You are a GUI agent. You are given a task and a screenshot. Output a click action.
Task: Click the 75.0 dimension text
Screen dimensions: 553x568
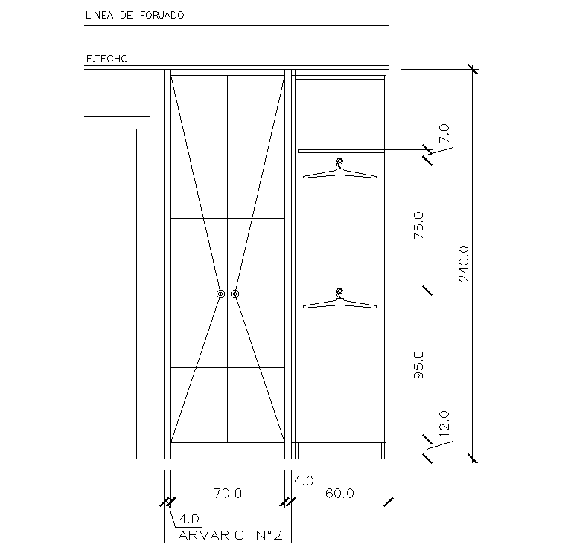click(x=418, y=225)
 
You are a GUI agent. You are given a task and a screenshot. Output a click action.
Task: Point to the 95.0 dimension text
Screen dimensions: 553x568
click(x=418, y=366)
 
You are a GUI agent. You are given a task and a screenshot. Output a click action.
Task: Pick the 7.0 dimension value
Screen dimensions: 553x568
click(x=444, y=133)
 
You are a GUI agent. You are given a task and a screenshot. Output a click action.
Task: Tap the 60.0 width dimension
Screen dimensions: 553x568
click(x=339, y=492)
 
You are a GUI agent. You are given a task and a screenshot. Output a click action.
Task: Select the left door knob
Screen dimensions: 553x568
click(x=220, y=294)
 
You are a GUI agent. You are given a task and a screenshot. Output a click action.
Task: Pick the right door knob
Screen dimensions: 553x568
click(x=234, y=294)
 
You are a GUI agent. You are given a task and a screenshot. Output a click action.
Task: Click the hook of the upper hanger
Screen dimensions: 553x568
click(x=340, y=163)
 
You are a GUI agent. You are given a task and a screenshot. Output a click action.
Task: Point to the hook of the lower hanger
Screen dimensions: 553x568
click(x=340, y=291)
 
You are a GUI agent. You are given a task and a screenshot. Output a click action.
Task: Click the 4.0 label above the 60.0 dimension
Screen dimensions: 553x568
click(x=304, y=481)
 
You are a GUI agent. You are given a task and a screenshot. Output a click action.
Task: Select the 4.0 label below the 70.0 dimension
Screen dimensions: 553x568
click(x=189, y=518)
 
